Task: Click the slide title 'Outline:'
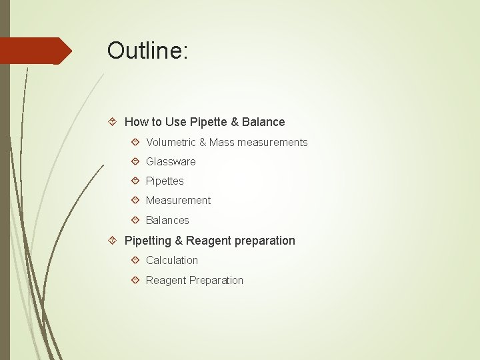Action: coord(148,51)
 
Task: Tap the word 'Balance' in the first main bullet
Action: coord(263,122)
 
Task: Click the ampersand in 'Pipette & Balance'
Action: coord(235,122)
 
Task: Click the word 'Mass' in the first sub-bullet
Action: coord(222,142)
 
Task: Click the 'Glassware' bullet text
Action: coord(171,161)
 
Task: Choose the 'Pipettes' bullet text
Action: coord(165,181)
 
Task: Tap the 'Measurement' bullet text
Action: coord(178,200)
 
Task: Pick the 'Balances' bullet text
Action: coord(167,220)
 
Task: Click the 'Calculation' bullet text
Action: coord(172,260)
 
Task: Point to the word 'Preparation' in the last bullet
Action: coord(217,280)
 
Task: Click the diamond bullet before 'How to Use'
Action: coord(113,122)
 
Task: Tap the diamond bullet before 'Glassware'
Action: coord(135,161)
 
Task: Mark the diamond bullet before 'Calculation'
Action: coord(135,260)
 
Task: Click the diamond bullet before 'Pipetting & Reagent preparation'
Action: coord(113,241)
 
